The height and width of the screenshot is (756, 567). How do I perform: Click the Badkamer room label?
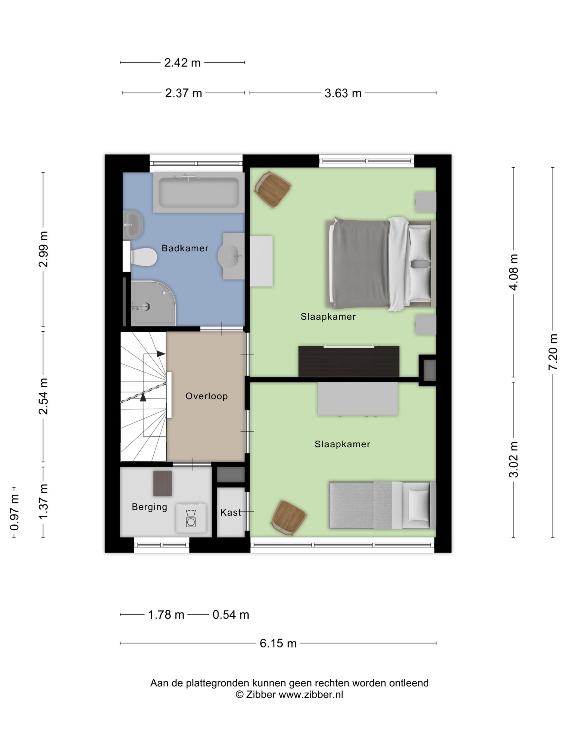185,248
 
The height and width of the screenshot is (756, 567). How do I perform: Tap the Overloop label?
206,396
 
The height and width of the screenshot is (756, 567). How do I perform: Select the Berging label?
149,507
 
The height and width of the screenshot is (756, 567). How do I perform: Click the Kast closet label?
231,512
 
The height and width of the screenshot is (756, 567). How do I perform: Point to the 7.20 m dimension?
553,352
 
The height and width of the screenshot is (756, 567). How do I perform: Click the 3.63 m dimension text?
343,93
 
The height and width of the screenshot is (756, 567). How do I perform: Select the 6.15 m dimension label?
278,643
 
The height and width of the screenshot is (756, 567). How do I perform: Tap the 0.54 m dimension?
231,615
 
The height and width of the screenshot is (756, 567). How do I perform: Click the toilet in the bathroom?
143,257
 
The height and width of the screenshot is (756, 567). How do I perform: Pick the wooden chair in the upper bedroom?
272,189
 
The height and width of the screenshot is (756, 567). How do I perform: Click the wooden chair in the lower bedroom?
289,518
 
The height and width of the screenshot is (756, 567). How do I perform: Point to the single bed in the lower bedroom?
382,505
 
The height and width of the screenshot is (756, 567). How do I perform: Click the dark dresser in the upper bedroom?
348,361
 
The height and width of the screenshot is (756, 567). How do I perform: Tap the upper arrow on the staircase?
160,354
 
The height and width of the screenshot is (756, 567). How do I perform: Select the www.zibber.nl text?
311,695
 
